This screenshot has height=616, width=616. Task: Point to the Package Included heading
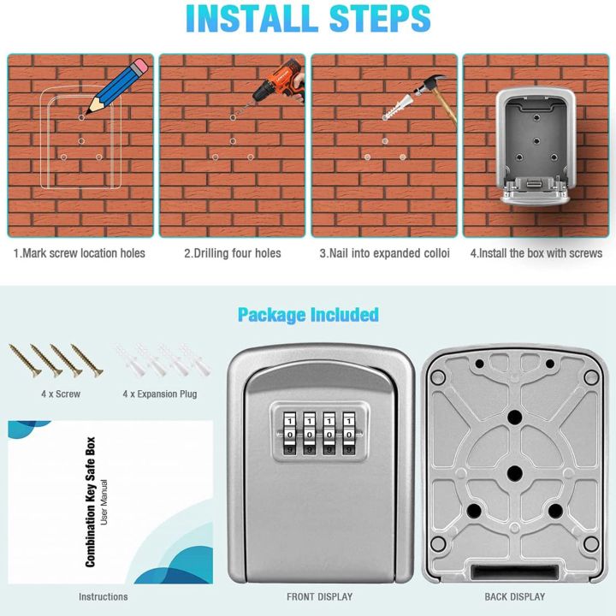click(x=308, y=315)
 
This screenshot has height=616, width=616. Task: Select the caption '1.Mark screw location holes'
click(x=79, y=253)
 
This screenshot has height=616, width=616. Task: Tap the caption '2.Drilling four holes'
click(x=233, y=253)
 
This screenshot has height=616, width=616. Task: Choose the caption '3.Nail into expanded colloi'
click(x=384, y=253)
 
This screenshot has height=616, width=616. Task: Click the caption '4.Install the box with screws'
click(x=536, y=253)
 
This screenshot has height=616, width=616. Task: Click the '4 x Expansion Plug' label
click(x=159, y=394)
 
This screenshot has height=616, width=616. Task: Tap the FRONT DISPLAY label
click(x=319, y=596)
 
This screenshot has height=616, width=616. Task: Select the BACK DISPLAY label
click(x=514, y=596)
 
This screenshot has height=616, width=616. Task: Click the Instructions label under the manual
click(x=103, y=596)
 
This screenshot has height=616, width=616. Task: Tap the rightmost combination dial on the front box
click(x=348, y=434)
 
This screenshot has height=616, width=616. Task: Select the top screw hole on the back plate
click(x=514, y=417)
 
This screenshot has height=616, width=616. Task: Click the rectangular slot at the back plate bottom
click(x=514, y=572)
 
